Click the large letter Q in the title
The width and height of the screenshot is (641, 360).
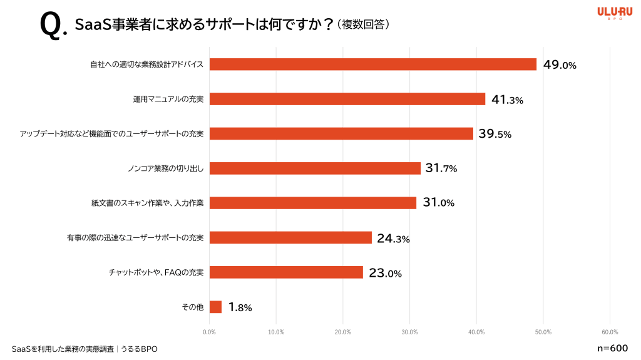click(50, 26)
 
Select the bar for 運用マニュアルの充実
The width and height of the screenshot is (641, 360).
click(347, 99)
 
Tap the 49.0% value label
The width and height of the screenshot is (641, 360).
click(560, 64)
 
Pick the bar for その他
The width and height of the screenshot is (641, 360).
click(215, 307)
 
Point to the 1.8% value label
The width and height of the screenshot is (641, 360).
click(240, 307)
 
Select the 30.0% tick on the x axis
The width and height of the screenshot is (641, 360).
click(409, 332)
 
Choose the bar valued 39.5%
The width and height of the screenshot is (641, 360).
click(341, 133)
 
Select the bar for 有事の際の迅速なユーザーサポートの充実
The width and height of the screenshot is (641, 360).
click(290, 238)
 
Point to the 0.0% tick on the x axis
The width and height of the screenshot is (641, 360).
click(210, 332)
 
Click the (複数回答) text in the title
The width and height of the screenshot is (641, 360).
click(363, 24)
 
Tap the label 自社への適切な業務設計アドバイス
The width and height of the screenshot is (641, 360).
click(146, 64)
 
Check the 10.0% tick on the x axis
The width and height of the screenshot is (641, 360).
click(276, 332)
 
